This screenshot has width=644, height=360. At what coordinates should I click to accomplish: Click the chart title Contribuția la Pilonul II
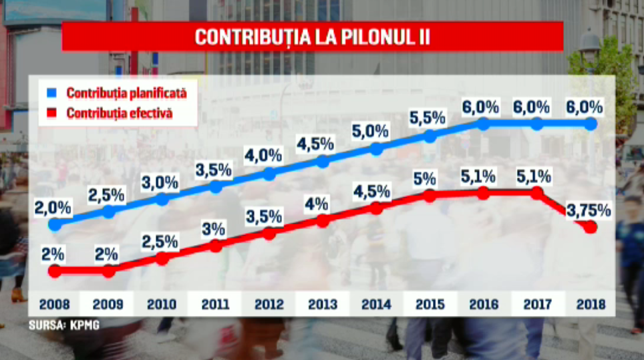pos(312,37)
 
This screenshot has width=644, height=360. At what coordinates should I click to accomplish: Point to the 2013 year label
pos(322,305)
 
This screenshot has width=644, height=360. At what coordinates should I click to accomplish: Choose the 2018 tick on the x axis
pos(591,305)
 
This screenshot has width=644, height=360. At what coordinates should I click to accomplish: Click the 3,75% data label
pos(589,211)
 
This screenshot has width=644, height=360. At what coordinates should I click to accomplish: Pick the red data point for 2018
pos(591,228)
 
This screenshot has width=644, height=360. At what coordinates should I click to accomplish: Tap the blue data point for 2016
pos(483,124)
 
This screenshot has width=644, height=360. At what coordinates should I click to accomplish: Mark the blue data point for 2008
pos(55,224)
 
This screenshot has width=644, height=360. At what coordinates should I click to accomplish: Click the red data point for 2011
pos(216,246)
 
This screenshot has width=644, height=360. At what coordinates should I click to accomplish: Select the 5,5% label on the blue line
pos(430,118)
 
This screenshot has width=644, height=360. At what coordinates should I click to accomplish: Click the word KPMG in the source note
pos(78,327)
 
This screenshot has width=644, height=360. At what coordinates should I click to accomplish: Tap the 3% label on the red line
pos(215,229)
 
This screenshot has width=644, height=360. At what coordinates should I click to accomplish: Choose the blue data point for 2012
pos(269,174)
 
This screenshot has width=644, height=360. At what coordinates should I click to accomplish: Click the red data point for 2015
pos(430,196)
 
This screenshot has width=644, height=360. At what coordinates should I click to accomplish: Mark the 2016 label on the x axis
pos(483,305)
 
